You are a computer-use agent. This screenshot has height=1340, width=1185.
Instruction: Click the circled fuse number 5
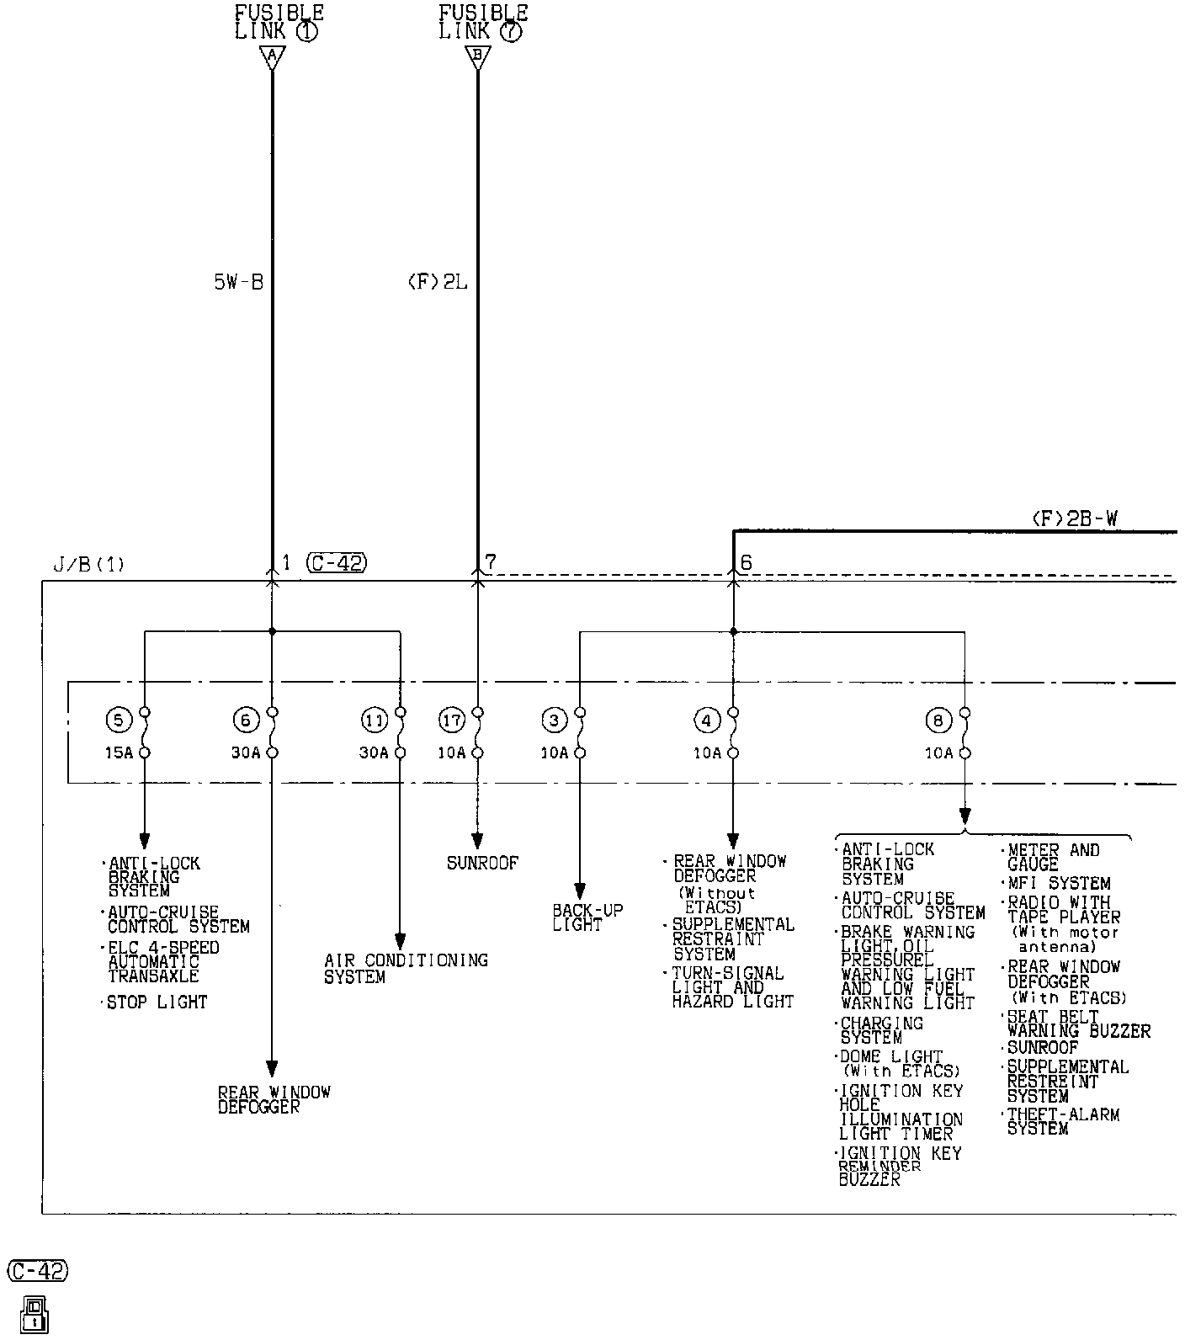(x=119, y=720)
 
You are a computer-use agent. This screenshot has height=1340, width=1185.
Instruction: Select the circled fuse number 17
(x=452, y=720)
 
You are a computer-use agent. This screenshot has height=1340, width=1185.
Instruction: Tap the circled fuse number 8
(x=938, y=720)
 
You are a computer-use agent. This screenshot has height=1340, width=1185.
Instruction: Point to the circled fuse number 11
(x=375, y=720)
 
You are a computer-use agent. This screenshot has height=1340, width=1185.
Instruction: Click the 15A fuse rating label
(x=119, y=752)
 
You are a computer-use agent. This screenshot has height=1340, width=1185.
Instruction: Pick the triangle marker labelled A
(x=272, y=57)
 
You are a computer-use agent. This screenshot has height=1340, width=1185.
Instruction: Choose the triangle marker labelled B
(x=478, y=57)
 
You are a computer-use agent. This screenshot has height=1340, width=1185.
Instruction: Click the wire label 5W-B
(x=238, y=283)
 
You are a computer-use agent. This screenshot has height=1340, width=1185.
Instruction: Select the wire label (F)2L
(x=437, y=283)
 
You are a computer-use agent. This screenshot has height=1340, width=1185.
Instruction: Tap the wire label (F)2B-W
(x=1075, y=519)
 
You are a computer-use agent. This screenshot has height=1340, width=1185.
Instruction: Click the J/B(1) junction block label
(x=88, y=565)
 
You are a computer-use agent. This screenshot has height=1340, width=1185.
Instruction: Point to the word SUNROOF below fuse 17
(x=482, y=863)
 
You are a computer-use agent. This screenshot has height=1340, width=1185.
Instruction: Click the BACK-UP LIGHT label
(x=577, y=917)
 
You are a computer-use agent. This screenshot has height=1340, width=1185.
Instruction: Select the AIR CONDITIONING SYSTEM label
(x=406, y=968)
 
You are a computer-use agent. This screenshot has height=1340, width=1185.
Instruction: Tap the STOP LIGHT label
(x=157, y=1002)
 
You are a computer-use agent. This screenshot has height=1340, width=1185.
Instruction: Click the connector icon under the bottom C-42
(x=35, y=1315)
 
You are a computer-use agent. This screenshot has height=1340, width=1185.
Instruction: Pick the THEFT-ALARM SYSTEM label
(x=1063, y=1121)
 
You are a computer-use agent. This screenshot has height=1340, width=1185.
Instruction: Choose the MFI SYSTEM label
(x=1060, y=884)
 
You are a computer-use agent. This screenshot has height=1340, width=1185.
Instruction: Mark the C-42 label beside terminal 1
(x=337, y=563)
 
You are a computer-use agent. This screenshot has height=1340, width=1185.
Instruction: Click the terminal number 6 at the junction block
(x=746, y=563)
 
